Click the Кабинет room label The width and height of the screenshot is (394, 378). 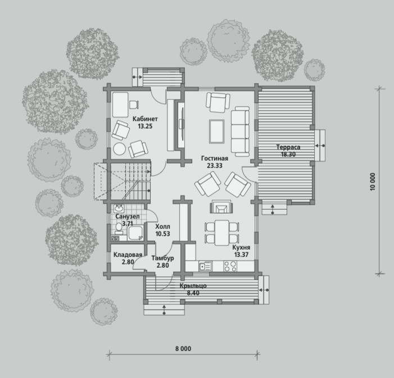point(145,119)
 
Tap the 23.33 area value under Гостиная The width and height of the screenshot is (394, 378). point(215,165)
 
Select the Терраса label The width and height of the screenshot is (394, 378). point(288,147)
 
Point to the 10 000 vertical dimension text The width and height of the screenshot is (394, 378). point(373,181)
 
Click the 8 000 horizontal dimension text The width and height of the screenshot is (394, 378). point(183,349)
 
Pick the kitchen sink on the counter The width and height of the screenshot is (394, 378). point(205,266)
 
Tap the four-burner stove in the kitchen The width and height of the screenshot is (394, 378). point(230,266)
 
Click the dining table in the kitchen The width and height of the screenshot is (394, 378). point(222,233)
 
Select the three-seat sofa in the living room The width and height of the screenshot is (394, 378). point(240,131)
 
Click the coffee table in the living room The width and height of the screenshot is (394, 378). point(217,131)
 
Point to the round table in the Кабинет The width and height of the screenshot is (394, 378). point(119,149)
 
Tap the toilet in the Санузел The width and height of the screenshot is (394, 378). point(119,228)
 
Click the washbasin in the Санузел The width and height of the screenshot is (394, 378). point(119,208)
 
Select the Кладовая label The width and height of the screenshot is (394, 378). point(128,255)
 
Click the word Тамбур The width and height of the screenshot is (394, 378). point(162,258)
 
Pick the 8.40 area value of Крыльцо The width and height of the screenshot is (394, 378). point(193,293)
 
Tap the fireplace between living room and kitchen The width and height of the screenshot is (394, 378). point(221,207)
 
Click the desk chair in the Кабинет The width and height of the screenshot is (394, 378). point(134,105)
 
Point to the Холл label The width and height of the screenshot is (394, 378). point(162,226)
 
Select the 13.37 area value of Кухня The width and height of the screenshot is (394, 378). point(241,254)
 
